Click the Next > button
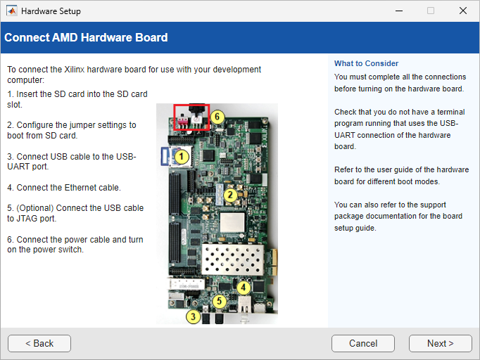[440, 344]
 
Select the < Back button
[39, 344]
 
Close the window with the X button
[463, 11]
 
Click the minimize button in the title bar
[399, 11]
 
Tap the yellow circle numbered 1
[181, 157]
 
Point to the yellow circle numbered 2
[230, 195]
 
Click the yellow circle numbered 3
[193, 316]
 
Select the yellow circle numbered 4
[244, 287]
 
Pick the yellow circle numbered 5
[219, 301]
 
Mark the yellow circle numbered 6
[217, 117]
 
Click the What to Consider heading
[366, 63]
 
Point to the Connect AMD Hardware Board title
[86, 37]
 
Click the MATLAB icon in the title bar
[12, 11]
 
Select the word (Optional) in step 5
[35, 208]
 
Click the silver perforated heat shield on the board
[233, 260]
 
